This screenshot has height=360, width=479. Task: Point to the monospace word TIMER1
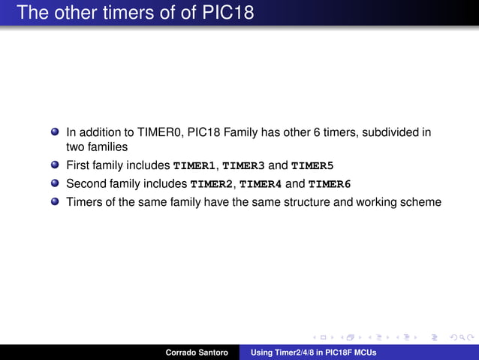pyautogui.click(x=194, y=165)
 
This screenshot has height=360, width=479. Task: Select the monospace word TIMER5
pyautogui.click(x=312, y=165)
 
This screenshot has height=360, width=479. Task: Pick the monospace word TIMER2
pyautogui.click(x=212, y=183)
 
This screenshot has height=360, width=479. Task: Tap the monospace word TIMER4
pyautogui.click(x=261, y=183)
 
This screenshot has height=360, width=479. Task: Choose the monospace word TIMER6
pyautogui.click(x=330, y=183)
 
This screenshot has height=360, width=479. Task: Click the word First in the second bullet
pyautogui.click(x=78, y=165)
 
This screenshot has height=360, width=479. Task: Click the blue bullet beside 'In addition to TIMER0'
pyautogui.click(x=55, y=132)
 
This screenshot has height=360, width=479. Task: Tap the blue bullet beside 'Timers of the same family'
pyautogui.click(x=55, y=201)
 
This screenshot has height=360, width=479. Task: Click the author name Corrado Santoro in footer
pyautogui.click(x=197, y=352)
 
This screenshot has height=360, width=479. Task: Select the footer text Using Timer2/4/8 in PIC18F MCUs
pyautogui.click(x=313, y=352)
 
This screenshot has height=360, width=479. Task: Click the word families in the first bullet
pyautogui.click(x=107, y=147)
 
